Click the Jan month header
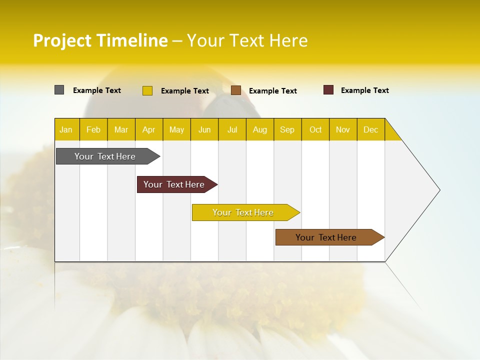pos(66,129)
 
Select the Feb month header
pos(93,129)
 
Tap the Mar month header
pos(121,129)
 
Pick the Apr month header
pos(149,129)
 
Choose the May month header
pos(176,129)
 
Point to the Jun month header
pos(204,129)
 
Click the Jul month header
pos(232,129)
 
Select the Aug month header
pos(260,129)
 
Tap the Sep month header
pos(287,129)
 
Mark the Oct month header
pos(315,129)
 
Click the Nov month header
pos(343,129)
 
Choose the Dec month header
pos(370,129)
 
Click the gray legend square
pos(59,90)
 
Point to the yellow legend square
pos(147,90)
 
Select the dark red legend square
pos(328,90)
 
